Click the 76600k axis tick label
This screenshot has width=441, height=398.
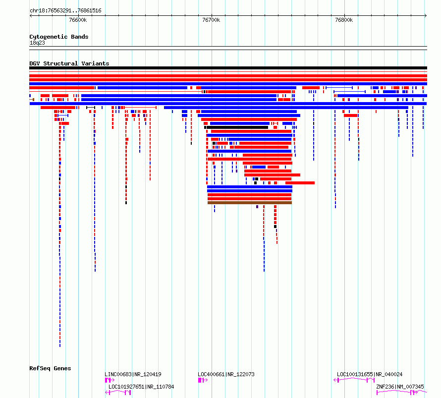click(78, 20)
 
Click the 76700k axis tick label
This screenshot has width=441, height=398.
click(211, 20)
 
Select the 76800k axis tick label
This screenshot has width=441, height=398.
click(344, 20)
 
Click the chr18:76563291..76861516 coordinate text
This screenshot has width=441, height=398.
click(65, 11)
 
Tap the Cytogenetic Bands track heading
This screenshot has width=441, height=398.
click(59, 37)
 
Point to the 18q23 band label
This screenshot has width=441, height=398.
click(37, 43)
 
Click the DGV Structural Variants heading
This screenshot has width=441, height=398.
click(69, 63)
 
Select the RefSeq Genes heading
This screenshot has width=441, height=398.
click(50, 368)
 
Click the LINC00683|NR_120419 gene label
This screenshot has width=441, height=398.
click(133, 374)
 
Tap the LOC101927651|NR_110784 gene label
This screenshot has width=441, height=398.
click(141, 387)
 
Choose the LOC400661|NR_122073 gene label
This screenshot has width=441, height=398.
click(226, 374)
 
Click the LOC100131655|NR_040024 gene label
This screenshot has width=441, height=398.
click(370, 374)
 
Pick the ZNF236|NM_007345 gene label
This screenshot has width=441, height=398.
click(400, 387)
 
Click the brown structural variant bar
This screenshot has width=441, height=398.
click(250, 203)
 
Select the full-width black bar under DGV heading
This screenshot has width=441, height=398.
click(228, 68)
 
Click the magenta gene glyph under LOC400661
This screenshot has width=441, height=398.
click(203, 380)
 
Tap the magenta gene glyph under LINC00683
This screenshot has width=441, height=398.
click(110, 380)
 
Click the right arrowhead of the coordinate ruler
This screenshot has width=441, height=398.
click(426, 16)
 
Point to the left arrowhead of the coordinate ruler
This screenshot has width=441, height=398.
click(30, 16)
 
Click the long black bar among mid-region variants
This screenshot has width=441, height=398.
click(236, 127)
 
